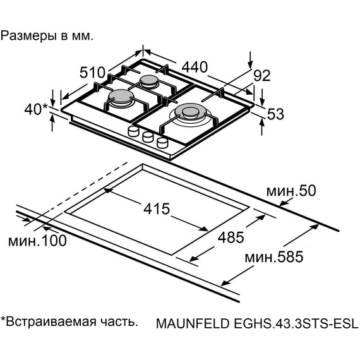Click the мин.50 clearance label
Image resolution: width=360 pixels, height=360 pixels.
pos(289,191)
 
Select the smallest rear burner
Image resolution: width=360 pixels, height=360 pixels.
pos(149,81)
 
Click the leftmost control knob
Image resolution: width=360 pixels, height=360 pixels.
pos(133,131)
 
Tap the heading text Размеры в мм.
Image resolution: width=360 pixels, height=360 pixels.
pos(47,35)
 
